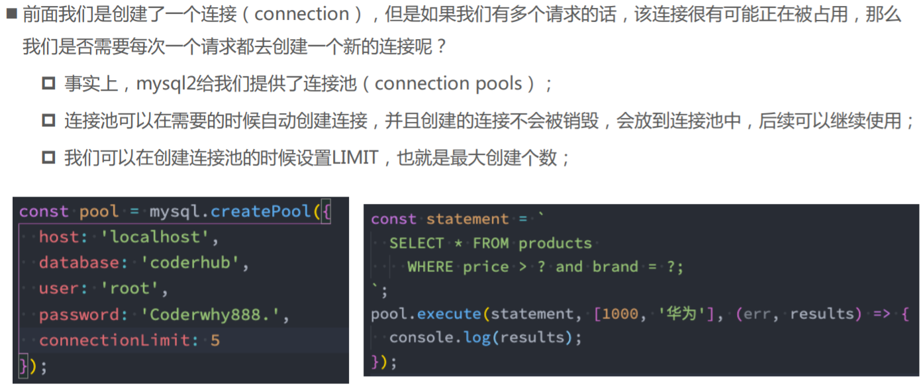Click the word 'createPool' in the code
tap(261, 212)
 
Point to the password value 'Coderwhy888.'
tap(216, 315)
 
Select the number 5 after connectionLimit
tap(215, 340)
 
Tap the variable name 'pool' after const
tap(99, 212)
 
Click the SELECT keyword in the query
tap(416, 243)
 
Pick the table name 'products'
tap(555, 243)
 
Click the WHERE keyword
tap(430, 267)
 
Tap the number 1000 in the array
tap(620, 314)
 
